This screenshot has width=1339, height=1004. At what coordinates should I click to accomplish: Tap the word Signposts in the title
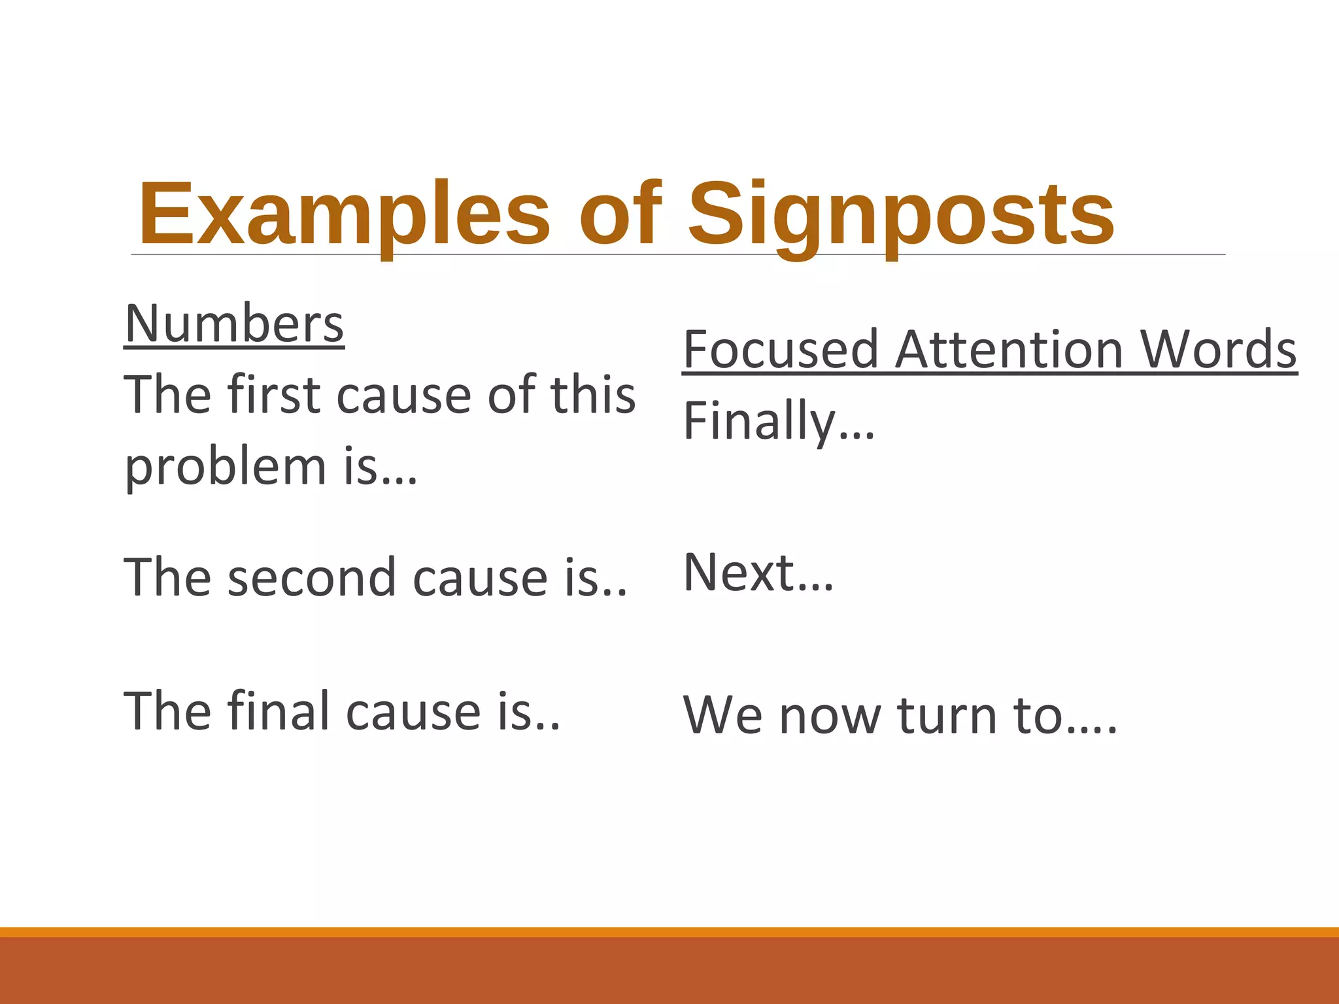click(x=901, y=214)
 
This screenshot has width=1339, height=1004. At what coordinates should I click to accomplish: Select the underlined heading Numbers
click(x=234, y=324)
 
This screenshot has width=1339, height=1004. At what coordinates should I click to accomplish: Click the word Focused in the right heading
click(x=781, y=350)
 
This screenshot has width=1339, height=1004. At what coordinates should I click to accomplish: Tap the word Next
click(x=739, y=573)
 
